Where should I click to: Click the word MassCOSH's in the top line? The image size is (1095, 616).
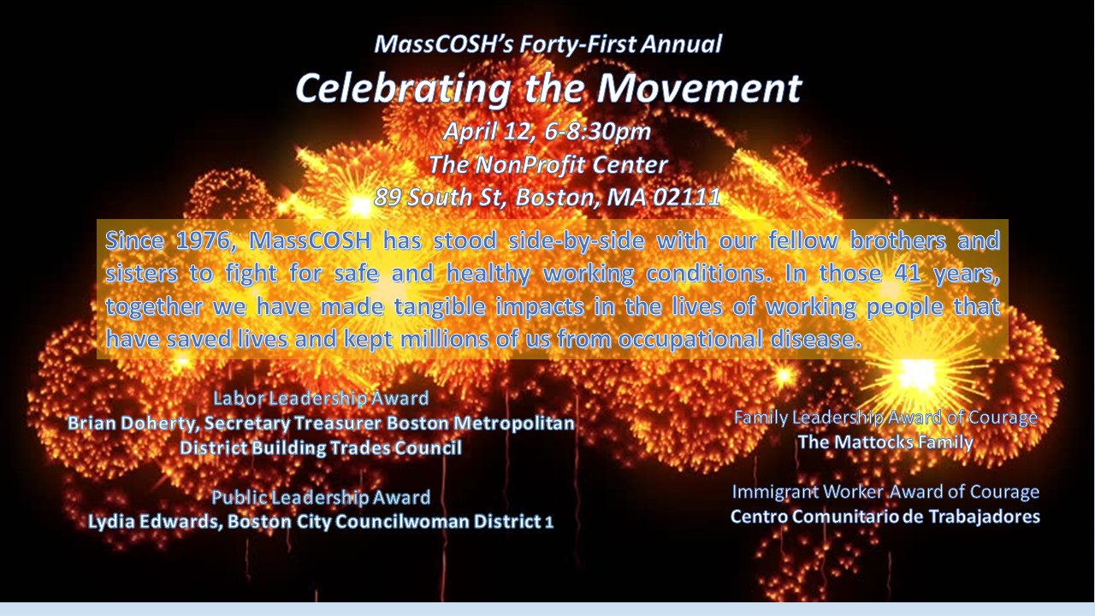pyautogui.click(x=443, y=44)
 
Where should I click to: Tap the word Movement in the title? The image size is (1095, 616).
pyautogui.click(x=699, y=88)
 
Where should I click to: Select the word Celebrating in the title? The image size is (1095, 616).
pyautogui.click(x=403, y=90)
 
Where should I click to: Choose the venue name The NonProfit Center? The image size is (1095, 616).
pyautogui.click(x=548, y=165)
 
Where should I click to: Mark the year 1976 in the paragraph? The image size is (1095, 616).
pyautogui.click(x=204, y=241)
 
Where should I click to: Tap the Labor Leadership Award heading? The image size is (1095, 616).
pyautogui.click(x=321, y=399)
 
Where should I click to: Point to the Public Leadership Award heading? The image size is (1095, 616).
pyautogui.click(x=321, y=497)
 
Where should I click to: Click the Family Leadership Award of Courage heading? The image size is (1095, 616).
pyautogui.click(x=885, y=418)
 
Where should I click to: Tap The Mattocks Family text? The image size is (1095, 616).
pyautogui.click(x=885, y=442)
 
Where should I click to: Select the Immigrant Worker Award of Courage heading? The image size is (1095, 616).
pyautogui.click(x=885, y=492)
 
